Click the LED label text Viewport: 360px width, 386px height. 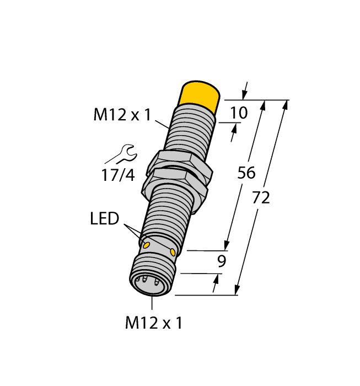point(105,219)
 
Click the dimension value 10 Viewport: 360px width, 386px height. point(239,113)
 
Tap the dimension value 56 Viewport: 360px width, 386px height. point(246,173)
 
